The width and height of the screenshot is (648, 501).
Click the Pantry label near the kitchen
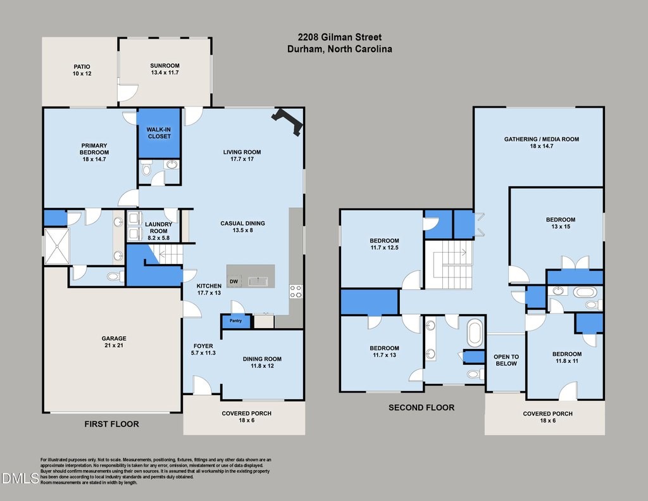pos(235,320)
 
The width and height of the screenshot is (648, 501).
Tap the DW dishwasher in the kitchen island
pos(234,282)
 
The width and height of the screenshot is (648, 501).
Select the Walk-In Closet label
pos(159,133)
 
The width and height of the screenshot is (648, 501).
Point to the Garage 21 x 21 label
pos(114,342)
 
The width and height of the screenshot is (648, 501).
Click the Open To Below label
pos(506,360)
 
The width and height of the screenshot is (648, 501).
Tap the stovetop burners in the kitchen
pos(296,291)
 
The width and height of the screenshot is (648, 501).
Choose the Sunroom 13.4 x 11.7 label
pos(165,69)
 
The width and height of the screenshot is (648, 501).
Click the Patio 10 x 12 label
pos(82,70)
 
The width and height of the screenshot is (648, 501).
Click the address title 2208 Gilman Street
pos(340,37)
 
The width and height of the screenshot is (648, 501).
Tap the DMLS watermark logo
pos(20,479)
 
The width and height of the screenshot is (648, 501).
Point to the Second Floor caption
pos(421,407)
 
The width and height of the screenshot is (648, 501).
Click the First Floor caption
pos(111,424)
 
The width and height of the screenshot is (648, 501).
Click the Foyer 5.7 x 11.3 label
pos(203,349)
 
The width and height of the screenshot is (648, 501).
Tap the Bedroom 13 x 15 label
pos(561,223)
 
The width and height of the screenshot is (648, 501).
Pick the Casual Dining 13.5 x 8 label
pos(242,227)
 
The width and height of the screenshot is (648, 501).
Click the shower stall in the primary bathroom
pos(56,246)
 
